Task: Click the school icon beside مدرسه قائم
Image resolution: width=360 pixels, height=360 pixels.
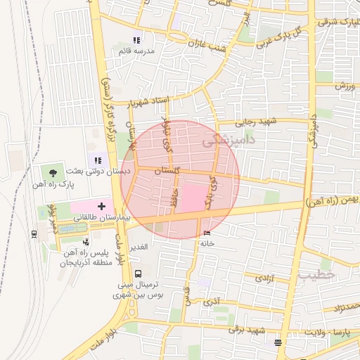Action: (136, 41)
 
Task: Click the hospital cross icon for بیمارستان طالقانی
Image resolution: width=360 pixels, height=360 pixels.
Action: (102, 207)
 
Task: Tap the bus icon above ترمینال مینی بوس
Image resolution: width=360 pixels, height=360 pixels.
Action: (136, 273)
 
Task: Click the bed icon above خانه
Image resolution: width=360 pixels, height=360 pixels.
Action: (206, 233)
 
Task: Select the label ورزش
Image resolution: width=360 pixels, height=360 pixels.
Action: (342, 86)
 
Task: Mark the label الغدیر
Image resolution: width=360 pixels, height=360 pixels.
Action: (138, 246)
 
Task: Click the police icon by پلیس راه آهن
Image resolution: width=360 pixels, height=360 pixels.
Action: (86, 241)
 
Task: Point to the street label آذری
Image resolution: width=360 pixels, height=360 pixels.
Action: (212, 303)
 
